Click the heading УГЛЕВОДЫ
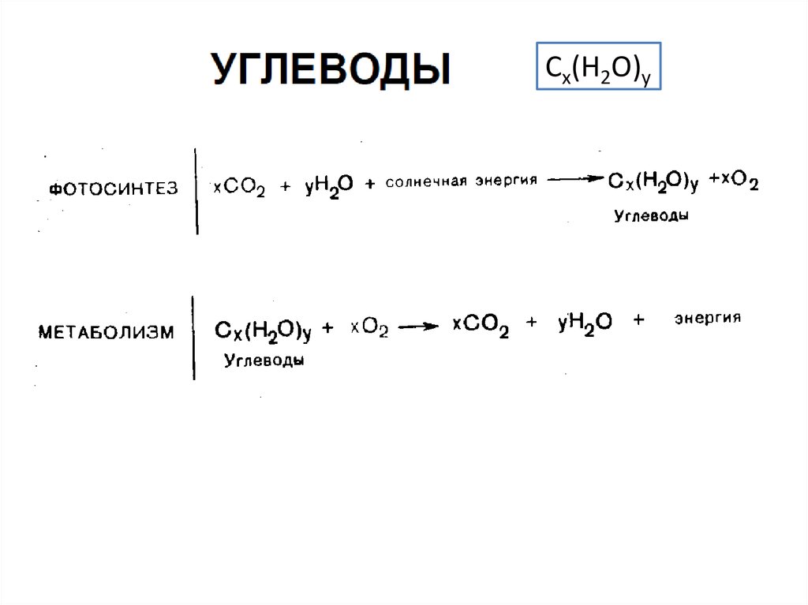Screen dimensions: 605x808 [331, 69]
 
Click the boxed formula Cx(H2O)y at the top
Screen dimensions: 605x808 [598, 67]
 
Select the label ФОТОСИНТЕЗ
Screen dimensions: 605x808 [114, 189]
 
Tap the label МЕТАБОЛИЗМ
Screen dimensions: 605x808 [107, 331]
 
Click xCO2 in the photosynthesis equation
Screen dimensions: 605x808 [239, 188]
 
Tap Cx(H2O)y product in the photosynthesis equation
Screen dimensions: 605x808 [653, 181]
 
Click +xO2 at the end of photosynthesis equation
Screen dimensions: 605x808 [735, 182]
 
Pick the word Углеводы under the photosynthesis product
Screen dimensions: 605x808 [651, 215]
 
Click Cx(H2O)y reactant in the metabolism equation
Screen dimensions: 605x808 [263, 331]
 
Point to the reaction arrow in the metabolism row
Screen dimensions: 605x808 [417, 327]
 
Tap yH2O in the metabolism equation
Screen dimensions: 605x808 [585, 323]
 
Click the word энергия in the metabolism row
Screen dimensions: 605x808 [707, 318]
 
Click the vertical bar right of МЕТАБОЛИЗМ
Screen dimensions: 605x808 [193, 338]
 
